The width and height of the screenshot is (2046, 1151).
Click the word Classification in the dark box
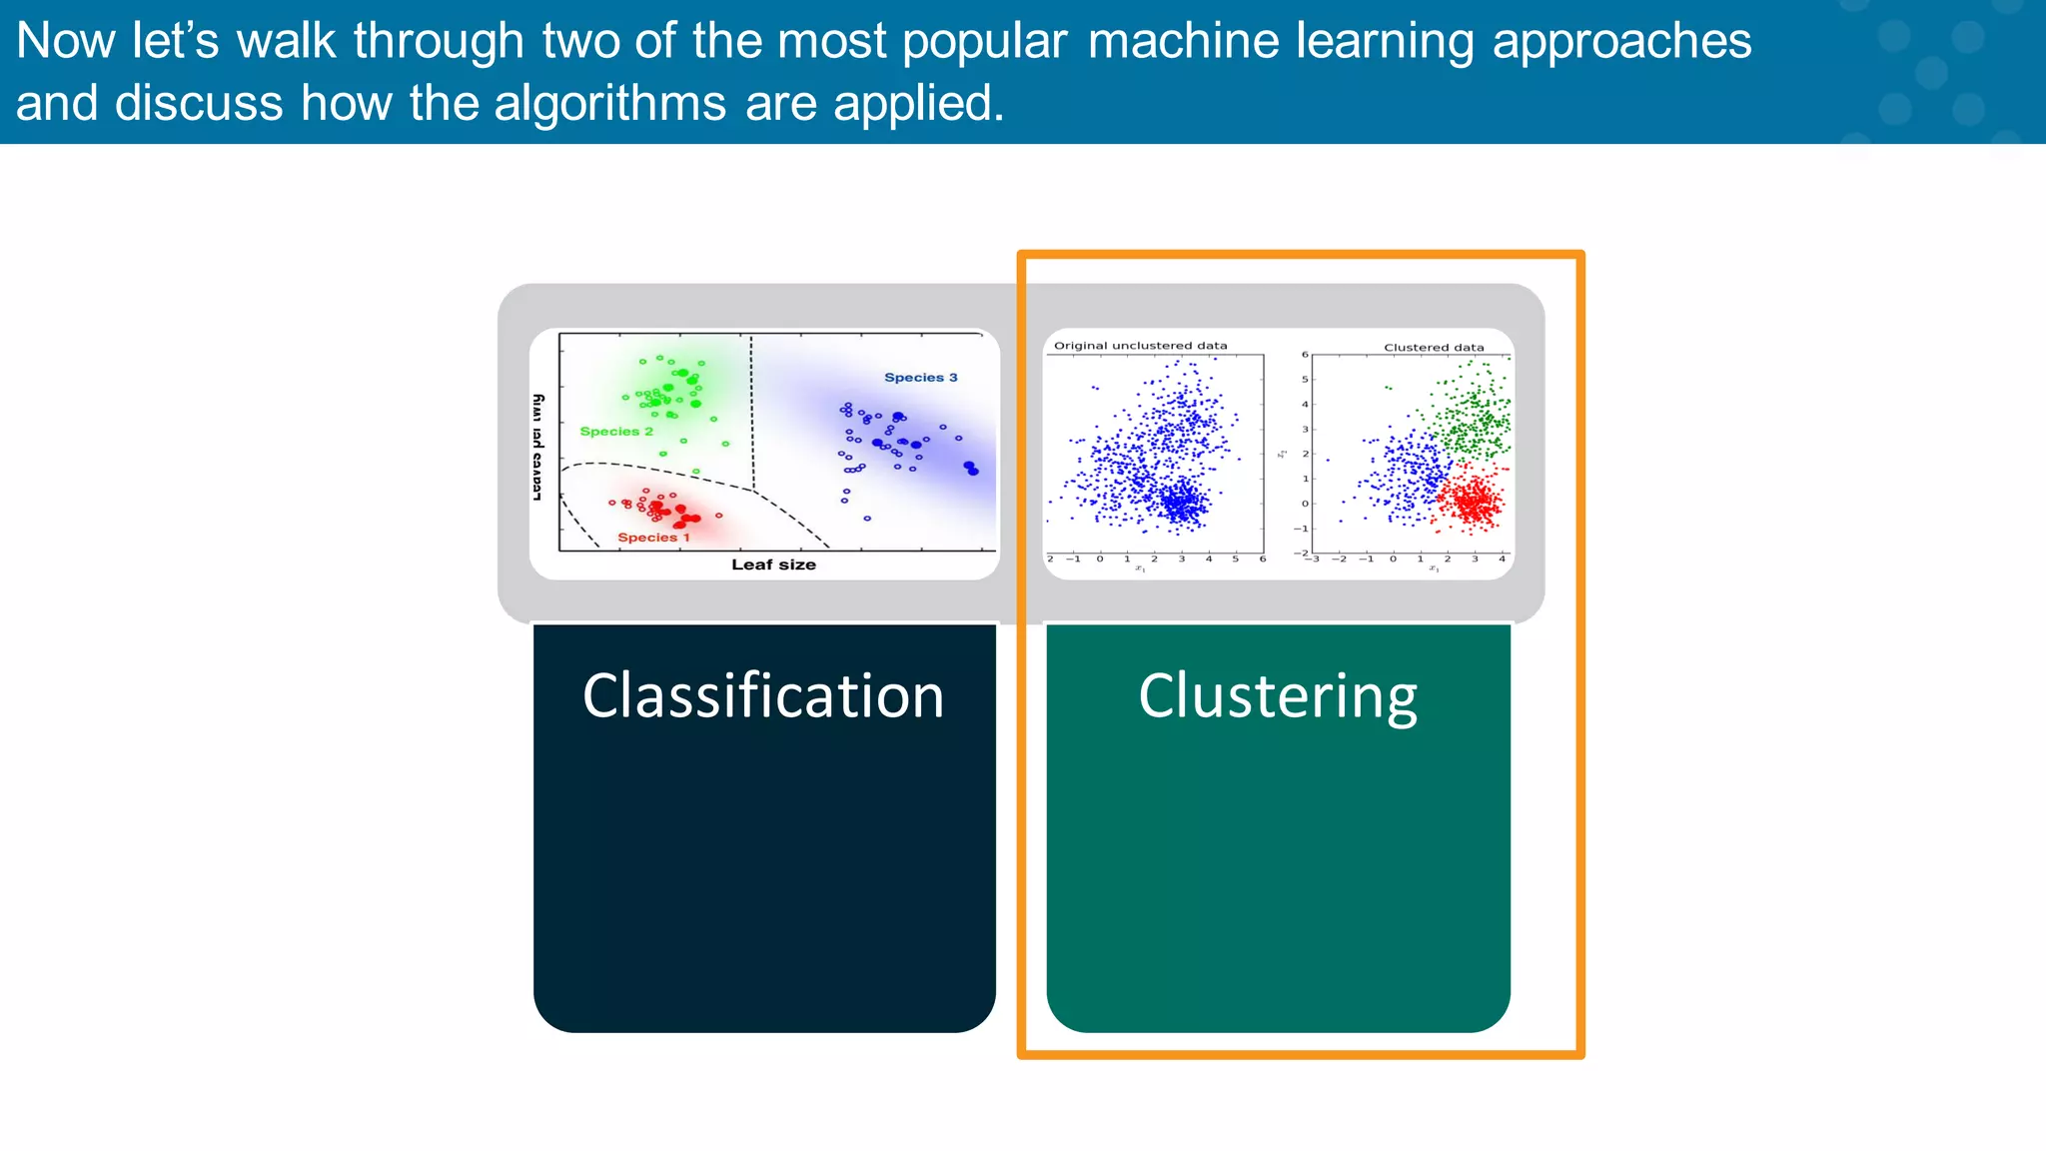pyautogui.click(x=763, y=696)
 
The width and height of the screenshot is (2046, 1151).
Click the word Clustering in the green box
pyautogui.click(x=1278, y=696)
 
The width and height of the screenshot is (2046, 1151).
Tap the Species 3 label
pyautogui.click(x=920, y=378)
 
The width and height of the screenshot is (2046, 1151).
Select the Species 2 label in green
pyautogui.click(x=616, y=432)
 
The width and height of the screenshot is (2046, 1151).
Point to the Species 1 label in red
pyautogui.click(x=653, y=538)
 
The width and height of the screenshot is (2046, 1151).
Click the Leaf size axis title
pyautogui.click(x=773, y=565)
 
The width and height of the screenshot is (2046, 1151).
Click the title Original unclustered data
pyautogui.click(x=1140, y=346)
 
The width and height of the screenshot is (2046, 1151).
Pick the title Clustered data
pyautogui.click(x=1434, y=348)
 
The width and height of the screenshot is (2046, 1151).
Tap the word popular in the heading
pyautogui.click(x=984, y=42)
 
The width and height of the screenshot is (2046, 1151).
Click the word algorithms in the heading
pyautogui.click(x=609, y=104)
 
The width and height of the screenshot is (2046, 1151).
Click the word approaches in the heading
pyautogui.click(x=1621, y=42)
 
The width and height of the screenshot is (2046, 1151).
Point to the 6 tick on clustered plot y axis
pyautogui.click(x=1304, y=355)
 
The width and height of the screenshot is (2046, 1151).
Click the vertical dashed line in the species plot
pyautogui.click(x=751, y=410)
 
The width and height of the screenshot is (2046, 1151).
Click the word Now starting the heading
pyautogui.click(x=66, y=42)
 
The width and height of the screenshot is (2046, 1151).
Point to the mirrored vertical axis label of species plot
pyautogui.click(x=537, y=447)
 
